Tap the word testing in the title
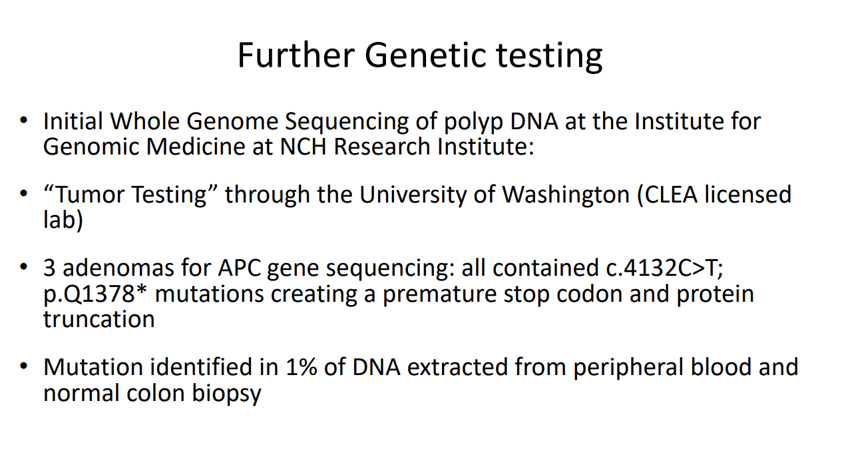point(549,57)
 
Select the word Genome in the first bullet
point(232,121)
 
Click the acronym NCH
point(303,147)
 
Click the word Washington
point(566,195)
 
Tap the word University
point(413,195)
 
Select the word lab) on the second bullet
point(63,219)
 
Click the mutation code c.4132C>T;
point(664,268)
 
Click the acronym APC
point(239,268)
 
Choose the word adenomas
point(118,268)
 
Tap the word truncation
point(99,319)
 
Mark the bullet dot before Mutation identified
point(24,367)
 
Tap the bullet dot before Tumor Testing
point(24,195)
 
